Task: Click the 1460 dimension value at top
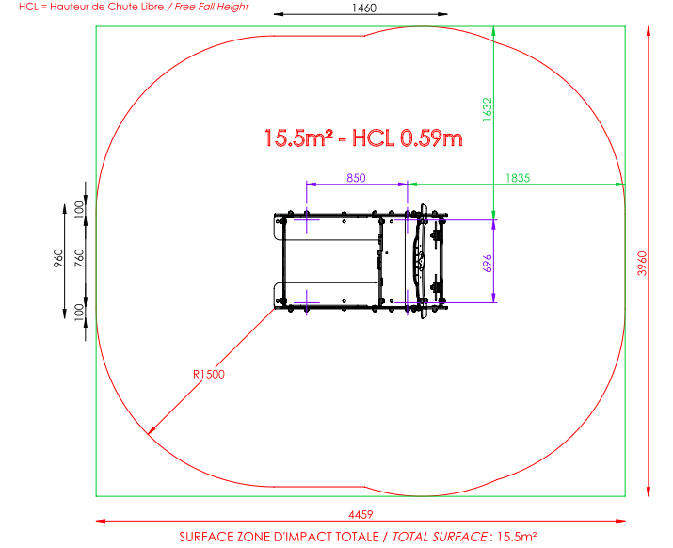click(364, 8)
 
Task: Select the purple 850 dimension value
click(356, 178)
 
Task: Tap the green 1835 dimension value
click(518, 178)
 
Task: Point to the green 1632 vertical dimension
click(488, 109)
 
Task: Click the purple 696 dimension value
click(488, 264)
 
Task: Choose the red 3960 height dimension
click(642, 264)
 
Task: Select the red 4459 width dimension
click(361, 514)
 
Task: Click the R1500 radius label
click(209, 375)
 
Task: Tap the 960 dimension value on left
click(58, 258)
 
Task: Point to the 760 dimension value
click(79, 258)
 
